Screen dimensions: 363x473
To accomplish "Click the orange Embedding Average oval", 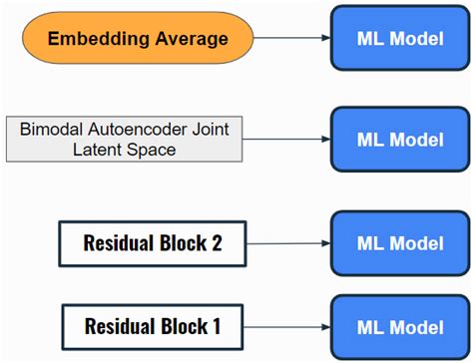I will coord(137,39).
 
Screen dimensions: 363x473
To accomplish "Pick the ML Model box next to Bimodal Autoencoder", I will coord(400,139).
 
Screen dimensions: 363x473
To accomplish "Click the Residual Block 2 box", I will coord(152,243).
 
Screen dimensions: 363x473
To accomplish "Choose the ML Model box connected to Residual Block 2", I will coord(400,241).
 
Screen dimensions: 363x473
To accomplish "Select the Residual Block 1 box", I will coord(152,326).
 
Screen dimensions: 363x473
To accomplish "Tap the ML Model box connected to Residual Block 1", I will coord(400,326).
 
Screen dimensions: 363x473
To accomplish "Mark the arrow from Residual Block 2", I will coord(288,242).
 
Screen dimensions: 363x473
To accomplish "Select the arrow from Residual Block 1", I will coord(288,326).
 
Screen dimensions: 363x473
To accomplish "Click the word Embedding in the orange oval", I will coord(98,39).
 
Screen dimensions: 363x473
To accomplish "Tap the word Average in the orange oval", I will coord(190,39).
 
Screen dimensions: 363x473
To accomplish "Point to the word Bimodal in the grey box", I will coord(50,129).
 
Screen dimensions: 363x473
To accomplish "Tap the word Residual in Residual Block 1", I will coord(119,326).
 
